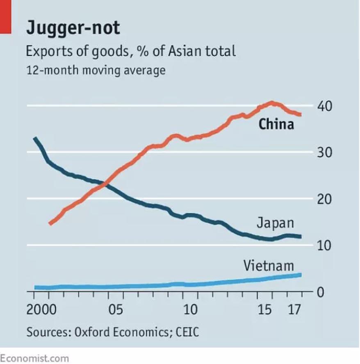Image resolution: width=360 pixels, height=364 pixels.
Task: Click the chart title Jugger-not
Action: (73, 28)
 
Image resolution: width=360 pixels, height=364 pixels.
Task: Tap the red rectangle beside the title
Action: (5, 16)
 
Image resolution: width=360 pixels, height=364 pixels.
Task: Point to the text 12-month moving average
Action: (96, 70)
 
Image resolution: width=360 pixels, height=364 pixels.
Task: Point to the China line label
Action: (276, 124)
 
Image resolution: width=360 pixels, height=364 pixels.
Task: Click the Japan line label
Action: (276, 223)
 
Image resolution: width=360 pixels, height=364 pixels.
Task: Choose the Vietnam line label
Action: (269, 266)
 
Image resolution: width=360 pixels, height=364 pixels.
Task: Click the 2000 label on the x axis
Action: (41, 309)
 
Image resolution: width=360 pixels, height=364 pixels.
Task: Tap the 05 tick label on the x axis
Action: (116, 309)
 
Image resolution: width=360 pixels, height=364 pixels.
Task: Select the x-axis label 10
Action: (190, 309)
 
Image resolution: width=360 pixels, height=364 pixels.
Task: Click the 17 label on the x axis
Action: (294, 309)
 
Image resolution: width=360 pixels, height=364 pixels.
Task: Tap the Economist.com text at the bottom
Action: (35, 358)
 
